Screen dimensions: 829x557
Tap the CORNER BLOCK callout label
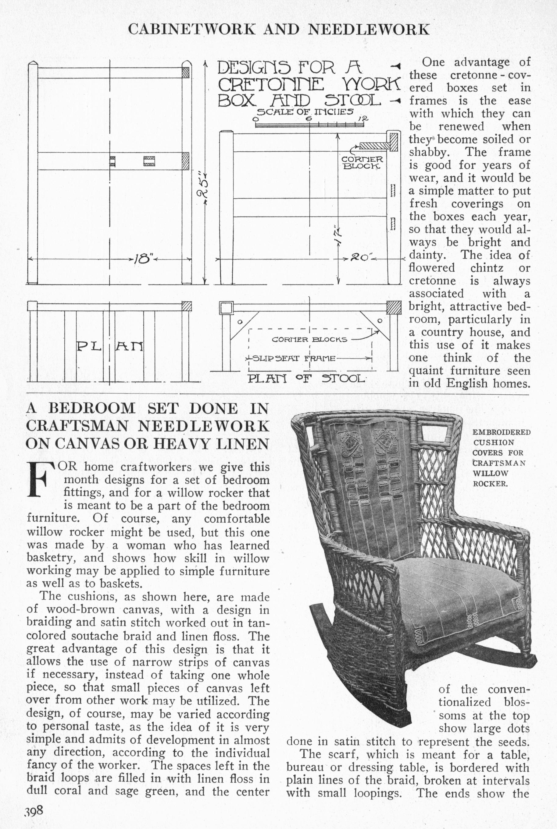tap(362, 163)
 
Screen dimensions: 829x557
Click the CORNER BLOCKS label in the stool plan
tap(309, 339)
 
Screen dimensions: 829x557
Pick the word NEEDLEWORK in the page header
tap(369, 30)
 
